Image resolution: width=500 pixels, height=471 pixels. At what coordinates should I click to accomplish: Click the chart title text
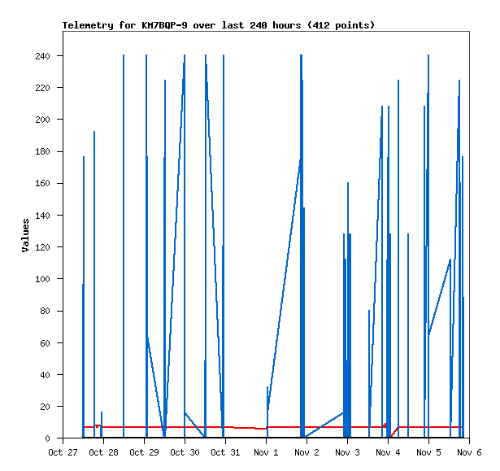(x=219, y=25)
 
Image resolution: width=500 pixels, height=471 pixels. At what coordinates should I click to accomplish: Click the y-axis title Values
(x=25, y=235)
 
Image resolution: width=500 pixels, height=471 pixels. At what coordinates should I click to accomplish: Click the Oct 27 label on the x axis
(x=63, y=452)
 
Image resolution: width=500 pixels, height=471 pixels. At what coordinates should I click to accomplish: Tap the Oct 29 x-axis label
(x=144, y=452)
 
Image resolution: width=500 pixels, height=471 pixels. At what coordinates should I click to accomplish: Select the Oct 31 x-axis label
(x=225, y=452)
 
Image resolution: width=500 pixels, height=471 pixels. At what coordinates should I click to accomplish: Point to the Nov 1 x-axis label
(x=266, y=452)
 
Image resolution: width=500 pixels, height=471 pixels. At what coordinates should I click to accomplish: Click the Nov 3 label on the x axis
(x=347, y=452)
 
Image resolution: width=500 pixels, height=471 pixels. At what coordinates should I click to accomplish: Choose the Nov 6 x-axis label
(x=469, y=452)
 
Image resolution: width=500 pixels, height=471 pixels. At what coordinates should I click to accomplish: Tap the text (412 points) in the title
(x=342, y=25)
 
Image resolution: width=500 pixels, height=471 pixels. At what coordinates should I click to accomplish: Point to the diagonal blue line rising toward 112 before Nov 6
(x=440, y=296)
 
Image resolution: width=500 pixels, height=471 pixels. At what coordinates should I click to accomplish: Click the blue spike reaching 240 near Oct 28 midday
(x=124, y=244)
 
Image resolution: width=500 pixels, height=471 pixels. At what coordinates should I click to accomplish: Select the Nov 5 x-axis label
(x=428, y=452)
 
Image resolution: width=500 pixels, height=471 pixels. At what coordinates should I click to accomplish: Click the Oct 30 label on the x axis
(x=185, y=452)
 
